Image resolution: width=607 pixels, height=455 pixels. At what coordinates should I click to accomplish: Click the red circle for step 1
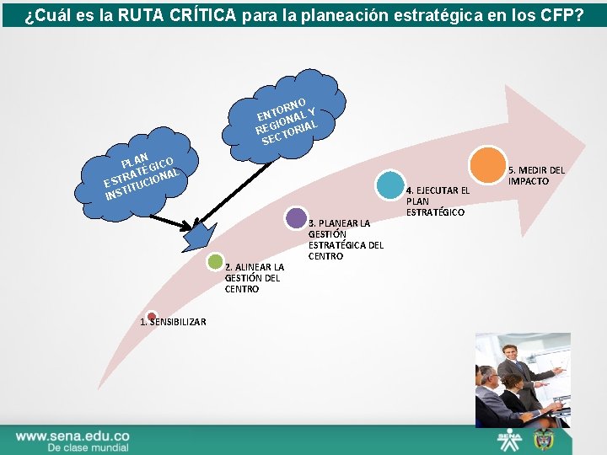pyautogui.click(x=151, y=317)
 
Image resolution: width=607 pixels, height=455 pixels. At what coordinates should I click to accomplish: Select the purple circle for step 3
pyautogui.click(x=295, y=218)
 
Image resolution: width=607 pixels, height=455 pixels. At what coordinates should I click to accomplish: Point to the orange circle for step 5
pyautogui.click(x=487, y=165)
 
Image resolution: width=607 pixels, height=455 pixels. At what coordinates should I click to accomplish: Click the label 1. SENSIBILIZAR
pyautogui.click(x=173, y=322)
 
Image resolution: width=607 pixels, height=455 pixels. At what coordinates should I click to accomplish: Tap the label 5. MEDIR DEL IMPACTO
pyautogui.click(x=535, y=176)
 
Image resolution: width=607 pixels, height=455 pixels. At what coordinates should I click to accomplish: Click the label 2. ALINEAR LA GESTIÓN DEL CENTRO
pyautogui.click(x=254, y=278)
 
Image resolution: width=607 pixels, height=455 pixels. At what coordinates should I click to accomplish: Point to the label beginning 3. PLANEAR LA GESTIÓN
pyautogui.click(x=346, y=239)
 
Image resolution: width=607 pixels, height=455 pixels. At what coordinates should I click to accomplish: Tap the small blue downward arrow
pyautogui.click(x=196, y=235)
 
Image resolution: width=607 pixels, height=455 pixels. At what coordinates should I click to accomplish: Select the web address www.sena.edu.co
pyautogui.click(x=73, y=436)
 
